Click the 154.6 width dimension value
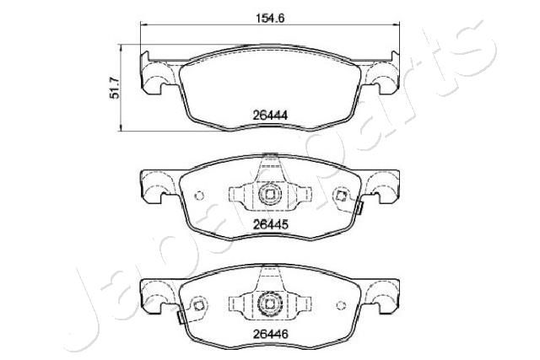(x=270, y=18)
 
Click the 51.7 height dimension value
(x=115, y=88)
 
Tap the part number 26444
(x=270, y=115)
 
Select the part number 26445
(x=270, y=225)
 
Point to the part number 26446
(x=270, y=334)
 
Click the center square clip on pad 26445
(x=270, y=195)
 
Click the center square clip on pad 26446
(x=270, y=304)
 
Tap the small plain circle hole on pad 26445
(x=199, y=196)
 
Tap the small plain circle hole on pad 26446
(x=341, y=305)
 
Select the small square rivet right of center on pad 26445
(x=341, y=196)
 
